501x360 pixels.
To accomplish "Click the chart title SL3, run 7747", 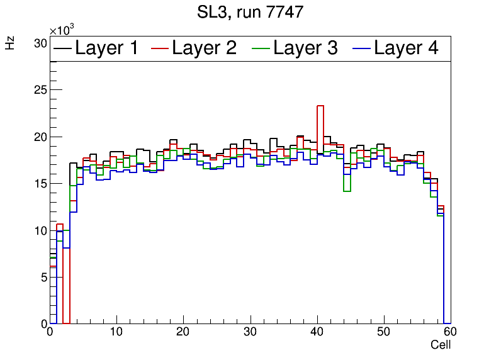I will pos(250,12).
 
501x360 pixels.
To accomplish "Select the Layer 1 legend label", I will pos(106,48).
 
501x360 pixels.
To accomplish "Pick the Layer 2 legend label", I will pos(204,48).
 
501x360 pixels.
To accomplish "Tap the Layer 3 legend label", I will pos(305,48).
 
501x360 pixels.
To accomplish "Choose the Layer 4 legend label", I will pos(406,48).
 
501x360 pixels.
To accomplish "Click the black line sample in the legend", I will pos(62,49).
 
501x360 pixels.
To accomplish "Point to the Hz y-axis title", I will pos(10,43).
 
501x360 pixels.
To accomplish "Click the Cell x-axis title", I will pos(441,345).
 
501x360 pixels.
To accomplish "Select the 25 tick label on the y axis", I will pos(40,90).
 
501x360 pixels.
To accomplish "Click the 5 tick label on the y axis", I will pos(43,277).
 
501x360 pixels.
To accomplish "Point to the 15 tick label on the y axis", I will pos(40,184).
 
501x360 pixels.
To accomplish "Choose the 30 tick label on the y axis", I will pos(40,43).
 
